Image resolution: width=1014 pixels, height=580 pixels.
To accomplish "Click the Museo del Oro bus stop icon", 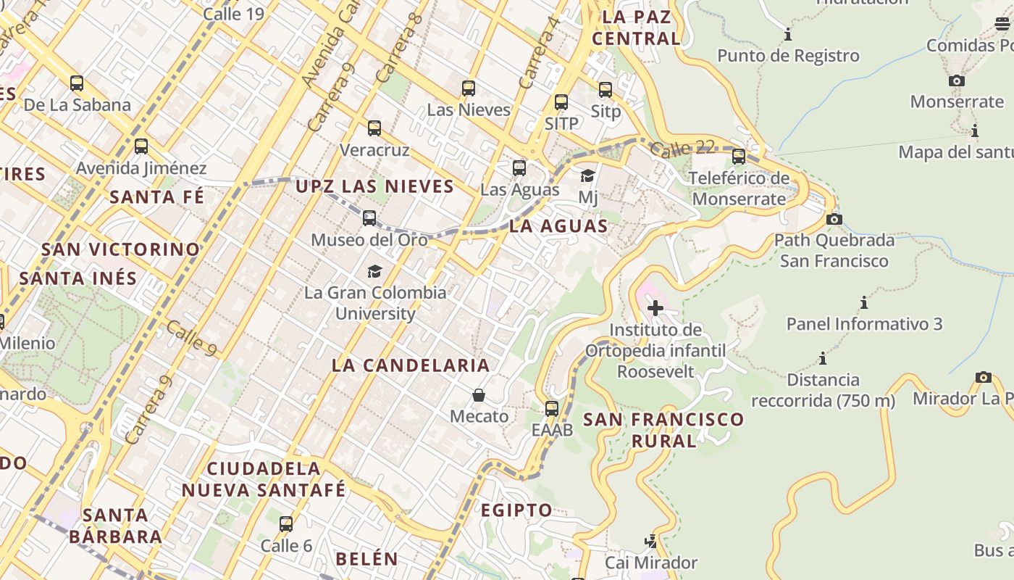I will [x=369, y=217].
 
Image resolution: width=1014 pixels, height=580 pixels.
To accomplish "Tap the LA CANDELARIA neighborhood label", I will [x=411, y=365].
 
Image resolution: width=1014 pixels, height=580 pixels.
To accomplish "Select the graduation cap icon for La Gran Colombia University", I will [x=374, y=271].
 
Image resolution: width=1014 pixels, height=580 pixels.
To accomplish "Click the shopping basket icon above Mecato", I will [x=479, y=395].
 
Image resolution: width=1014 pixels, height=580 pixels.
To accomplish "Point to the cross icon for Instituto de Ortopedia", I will [x=655, y=308].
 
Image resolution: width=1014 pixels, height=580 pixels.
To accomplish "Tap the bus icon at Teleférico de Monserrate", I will [x=739, y=156].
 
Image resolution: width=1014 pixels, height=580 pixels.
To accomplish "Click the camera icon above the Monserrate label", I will [x=957, y=80].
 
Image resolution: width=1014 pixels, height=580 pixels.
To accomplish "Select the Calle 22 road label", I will [x=682, y=149].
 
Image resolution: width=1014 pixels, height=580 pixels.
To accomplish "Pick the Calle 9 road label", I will [x=191, y=338].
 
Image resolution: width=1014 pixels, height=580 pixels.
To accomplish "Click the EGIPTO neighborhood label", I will [x=517, y=510].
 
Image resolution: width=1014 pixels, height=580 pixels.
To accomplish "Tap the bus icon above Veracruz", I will [x=374, y=128].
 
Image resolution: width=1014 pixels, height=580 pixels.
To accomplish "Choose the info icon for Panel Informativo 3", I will [x=864, y=302].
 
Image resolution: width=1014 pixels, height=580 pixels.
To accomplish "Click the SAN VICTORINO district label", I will [x=120, y=249].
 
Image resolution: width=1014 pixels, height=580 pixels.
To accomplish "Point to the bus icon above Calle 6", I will [x=286, y=523].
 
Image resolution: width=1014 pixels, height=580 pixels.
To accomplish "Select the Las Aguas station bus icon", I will [x=519, y=168].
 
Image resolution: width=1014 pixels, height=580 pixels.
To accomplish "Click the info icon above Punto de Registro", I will [x=788, y=34].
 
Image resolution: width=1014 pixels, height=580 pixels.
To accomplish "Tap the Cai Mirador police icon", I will [x=651, y=541].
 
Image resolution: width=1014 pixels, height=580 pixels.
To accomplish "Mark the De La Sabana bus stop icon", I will [x=77, y=83].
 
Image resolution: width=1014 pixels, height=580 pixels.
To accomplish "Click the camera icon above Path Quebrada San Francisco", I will [x=834, y=218].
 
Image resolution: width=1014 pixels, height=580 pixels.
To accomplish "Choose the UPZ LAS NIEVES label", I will [x=374, y=187].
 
